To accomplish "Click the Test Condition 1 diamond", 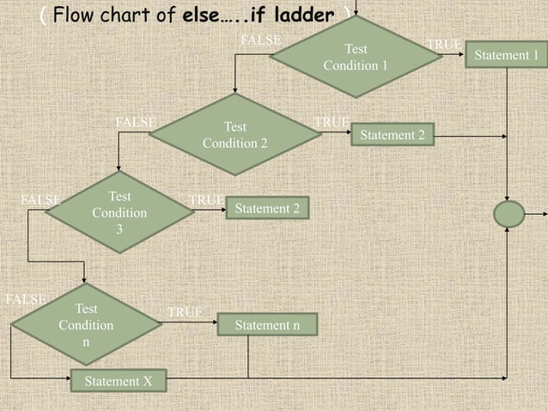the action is (x=355, y=57).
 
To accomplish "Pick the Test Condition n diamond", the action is (x=85, y=325).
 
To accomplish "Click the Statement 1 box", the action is (x=507, y=55).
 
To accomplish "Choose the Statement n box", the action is (x=267, y=325).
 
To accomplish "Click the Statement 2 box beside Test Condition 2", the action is (x=392, y=135).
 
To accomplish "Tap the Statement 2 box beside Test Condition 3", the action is (x=266, y=208).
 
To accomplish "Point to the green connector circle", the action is (x=508, y=214).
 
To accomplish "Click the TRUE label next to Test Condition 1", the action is (x=444, y=44).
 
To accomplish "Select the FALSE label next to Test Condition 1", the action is (x=261, y=40).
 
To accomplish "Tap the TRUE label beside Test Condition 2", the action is (x=332, y=123).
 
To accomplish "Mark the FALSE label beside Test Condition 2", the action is (x=136, y=122).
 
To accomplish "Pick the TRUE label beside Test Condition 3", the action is (x=206, y=200).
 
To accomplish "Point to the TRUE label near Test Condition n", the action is (x=185, y=312).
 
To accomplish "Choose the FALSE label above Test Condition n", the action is (x=25, y=299).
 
